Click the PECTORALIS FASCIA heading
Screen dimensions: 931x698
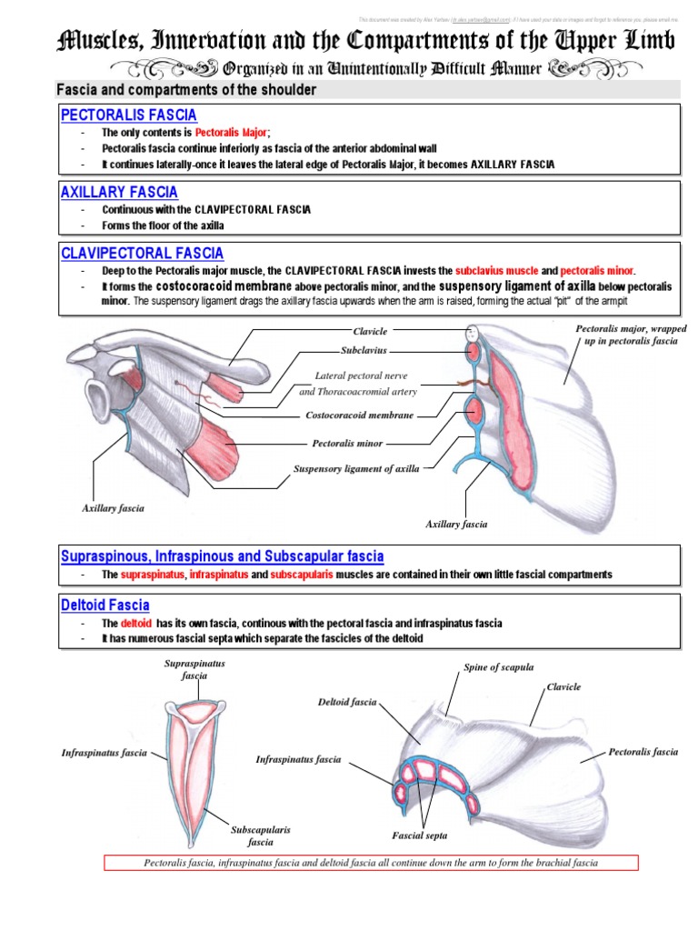coord(128,115)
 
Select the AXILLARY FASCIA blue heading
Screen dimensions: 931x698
coord(119,193)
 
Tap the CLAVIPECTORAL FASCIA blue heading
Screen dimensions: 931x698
coord(142,254)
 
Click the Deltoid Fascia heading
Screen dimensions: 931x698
coord(105,606)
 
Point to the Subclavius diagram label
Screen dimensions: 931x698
coord(364,349)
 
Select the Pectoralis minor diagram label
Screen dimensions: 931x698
coord(347,445)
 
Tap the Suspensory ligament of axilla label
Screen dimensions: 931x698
coord(355,469)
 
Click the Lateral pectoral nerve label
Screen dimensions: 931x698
coord(361,375)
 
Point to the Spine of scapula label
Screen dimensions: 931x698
coord(499,667)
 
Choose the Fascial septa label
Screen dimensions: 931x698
coord(419,835)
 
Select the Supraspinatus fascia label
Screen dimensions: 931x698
coord(194,670)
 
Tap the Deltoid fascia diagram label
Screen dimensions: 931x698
coord(346,702)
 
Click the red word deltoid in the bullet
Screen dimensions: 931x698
coord(135,624)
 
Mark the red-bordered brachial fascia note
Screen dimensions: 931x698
coord(371,863)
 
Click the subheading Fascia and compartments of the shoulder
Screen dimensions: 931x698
coord(186,90)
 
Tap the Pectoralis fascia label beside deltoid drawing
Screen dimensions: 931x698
coord(643,752)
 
